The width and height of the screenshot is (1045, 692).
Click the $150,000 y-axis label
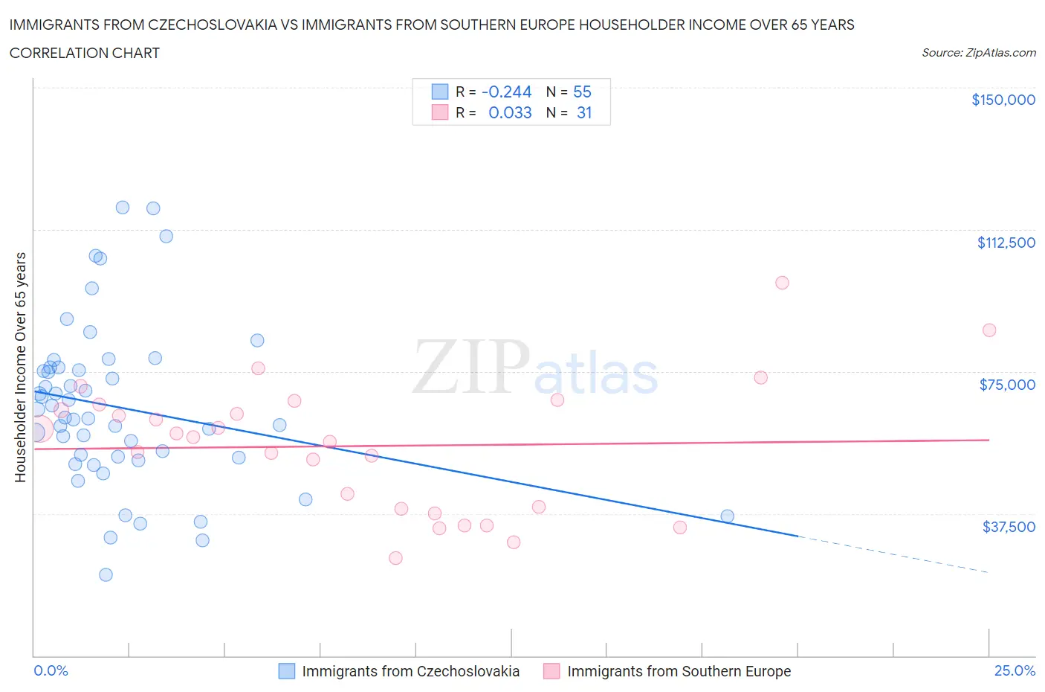1003,100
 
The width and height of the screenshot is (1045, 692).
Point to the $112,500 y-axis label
1006,243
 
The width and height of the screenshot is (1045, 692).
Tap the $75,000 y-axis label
1006,385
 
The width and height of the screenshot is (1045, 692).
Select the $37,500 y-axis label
1008,527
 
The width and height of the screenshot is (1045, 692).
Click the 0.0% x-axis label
51,670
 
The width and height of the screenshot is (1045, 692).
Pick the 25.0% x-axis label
1015,670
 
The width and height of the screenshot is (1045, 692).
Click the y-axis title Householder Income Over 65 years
21,367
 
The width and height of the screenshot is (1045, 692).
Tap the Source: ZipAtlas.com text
978,53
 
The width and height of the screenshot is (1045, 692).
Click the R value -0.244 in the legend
506,92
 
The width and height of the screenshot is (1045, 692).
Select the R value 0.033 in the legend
510,112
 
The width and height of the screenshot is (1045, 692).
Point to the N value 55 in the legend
582,92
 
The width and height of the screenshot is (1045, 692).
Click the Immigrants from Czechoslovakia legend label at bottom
410,671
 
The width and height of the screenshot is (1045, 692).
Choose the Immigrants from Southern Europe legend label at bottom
679,671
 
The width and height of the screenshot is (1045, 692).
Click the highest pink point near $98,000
782,283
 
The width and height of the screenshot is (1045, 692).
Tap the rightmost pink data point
989,330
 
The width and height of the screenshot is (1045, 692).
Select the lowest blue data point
106,574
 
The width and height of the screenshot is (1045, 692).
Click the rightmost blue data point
728,516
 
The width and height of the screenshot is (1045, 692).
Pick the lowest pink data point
395,558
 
